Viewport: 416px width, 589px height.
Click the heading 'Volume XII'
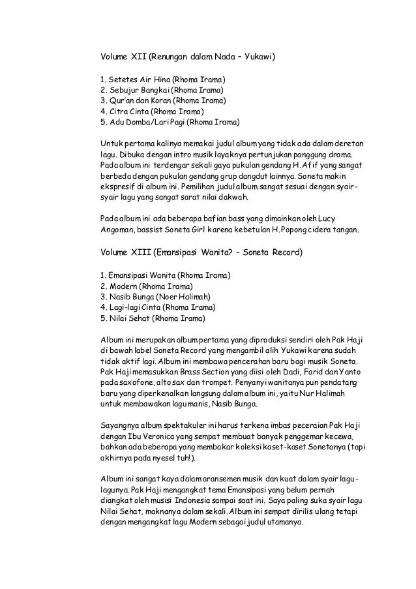point(123,57)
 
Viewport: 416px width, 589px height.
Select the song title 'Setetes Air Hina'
point(133,80)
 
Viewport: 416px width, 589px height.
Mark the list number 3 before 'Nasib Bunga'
point(102,297)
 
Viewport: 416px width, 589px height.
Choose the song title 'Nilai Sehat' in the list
point(129,318)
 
